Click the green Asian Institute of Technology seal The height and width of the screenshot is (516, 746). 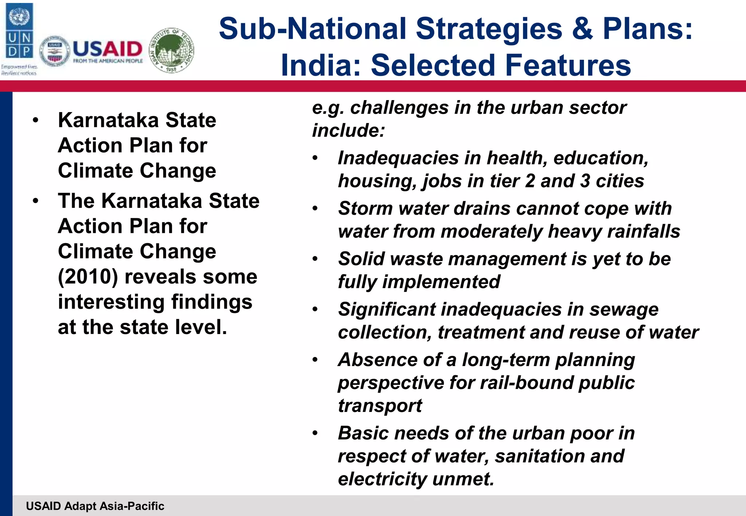pyautogui.click(x=172, y=50)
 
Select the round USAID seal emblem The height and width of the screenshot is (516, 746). pyautogui.click(x=55, y=51)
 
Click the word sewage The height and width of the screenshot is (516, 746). pyautogui.click(x=624, y=310)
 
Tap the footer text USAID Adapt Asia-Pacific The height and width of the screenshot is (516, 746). pyautogui.click(x=95, y=506)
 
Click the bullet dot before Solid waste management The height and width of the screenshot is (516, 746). pyautogui.click(x=315, y=259)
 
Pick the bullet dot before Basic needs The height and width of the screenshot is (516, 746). pyautogui.click(x=315, y=433)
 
